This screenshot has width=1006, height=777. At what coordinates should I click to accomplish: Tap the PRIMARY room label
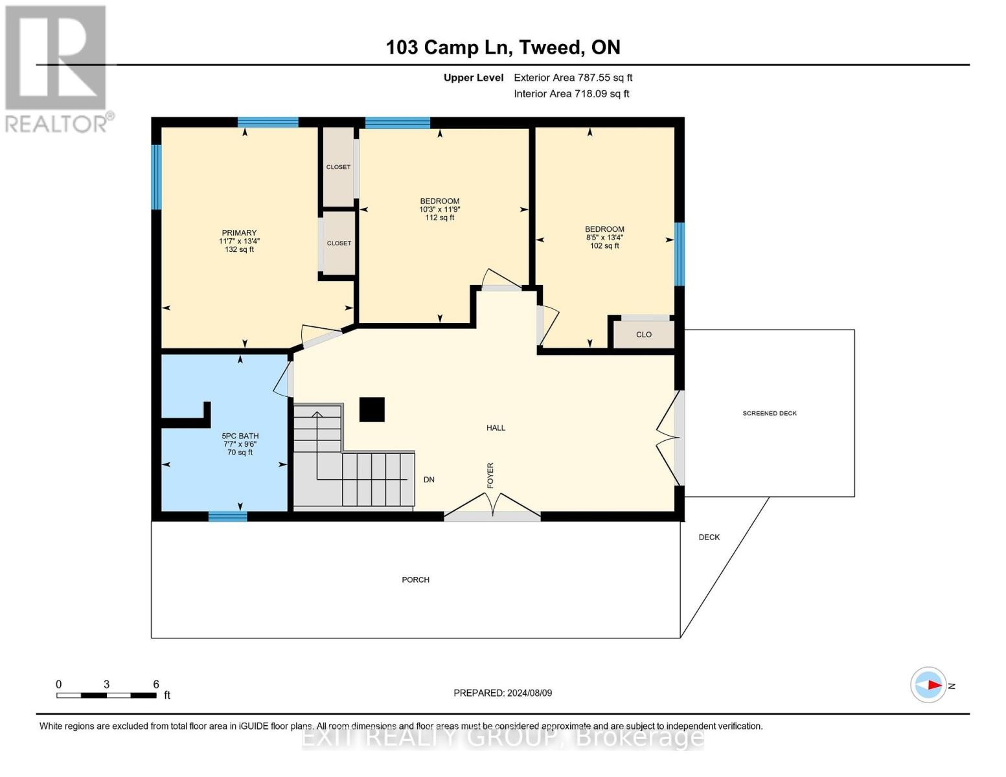point(239,232)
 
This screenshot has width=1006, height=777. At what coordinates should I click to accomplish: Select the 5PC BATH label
point(240,436)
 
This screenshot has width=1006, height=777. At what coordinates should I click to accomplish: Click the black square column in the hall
point(372,409)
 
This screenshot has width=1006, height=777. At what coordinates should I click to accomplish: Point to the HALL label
point(496,427)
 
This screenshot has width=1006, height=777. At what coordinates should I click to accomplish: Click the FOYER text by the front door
point(490,475)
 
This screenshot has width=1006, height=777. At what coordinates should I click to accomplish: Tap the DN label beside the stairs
point(429,480)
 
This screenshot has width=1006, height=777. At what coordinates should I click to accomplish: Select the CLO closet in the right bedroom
point(644,335)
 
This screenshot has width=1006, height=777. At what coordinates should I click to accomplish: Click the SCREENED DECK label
point(770,413)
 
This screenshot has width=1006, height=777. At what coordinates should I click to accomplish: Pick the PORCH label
point(415,580)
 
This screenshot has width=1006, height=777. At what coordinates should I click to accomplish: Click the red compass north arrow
point(933,685)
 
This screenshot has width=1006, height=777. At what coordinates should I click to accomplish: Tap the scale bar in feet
point(106,695)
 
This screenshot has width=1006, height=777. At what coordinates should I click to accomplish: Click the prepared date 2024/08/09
point(503,693)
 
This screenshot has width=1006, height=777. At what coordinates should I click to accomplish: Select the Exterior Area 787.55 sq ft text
point(573,77)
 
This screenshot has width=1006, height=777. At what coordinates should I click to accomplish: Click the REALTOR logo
point(56,68)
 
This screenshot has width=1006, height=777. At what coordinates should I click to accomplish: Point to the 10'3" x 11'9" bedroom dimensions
point(440,209)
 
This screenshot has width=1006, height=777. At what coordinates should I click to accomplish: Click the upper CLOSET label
point(338,167)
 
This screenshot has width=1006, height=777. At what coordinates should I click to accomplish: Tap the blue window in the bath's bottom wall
point(227,516)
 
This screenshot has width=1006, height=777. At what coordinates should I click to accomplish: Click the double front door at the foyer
point(492,507)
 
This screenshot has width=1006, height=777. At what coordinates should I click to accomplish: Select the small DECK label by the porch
point(709,537)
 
